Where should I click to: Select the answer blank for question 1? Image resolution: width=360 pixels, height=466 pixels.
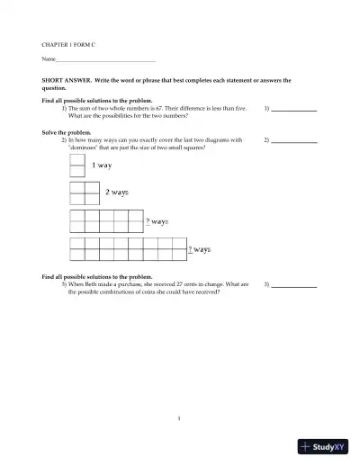pos(294,109)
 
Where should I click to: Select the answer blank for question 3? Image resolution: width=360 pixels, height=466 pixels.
pos(294,285)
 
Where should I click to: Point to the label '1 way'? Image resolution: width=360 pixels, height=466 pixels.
pos(102,166)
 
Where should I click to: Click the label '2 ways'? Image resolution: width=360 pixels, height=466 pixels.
pos(117,193)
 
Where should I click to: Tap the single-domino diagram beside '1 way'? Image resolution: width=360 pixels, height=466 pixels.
pos(77,166)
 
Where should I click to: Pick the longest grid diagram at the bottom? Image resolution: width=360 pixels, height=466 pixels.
pos(128,248)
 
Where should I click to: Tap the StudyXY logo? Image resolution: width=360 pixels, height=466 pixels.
pos(324,447)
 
